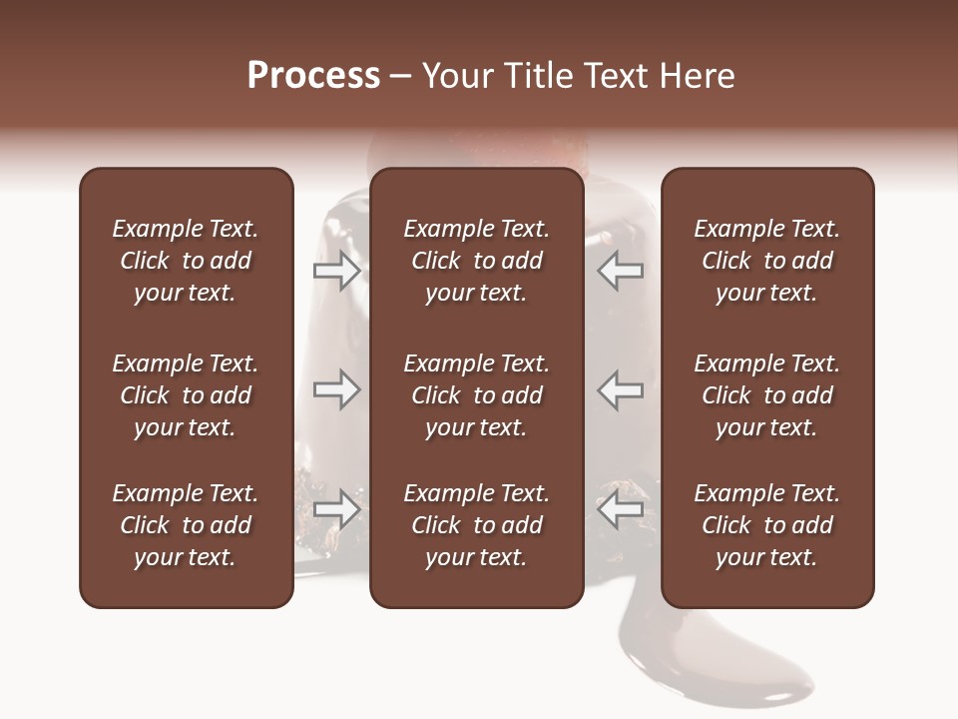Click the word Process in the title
313,76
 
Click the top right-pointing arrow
336,271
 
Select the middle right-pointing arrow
336,389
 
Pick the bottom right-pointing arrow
336,508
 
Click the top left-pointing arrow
621,271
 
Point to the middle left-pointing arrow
621,389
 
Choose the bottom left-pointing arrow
621,508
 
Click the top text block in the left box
186,261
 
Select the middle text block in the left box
186,395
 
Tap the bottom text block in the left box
186,525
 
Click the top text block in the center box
476,261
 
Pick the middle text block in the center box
476,395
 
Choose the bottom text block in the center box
476,525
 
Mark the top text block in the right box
766,261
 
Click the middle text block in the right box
766,395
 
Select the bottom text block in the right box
766,525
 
